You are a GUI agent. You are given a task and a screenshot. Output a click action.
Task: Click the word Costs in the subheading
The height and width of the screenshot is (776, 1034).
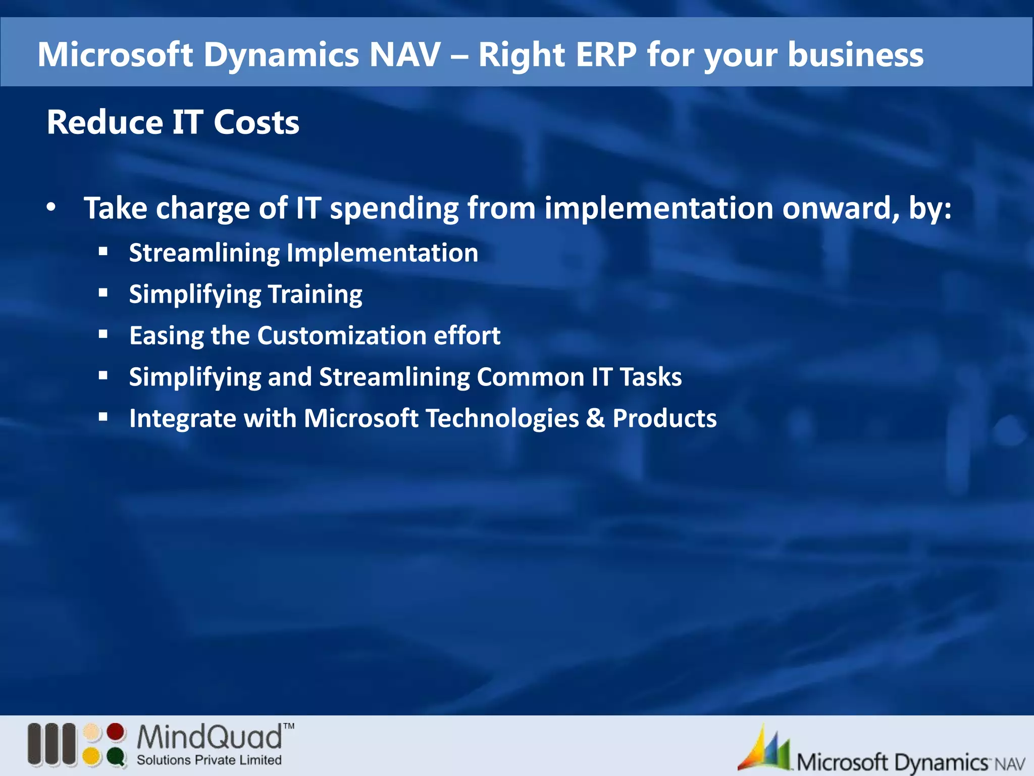point(256,123)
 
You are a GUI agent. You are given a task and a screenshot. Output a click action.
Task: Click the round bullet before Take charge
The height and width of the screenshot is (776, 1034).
point(51,207)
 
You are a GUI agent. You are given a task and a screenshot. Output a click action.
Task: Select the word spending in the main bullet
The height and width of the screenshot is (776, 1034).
point(394,209)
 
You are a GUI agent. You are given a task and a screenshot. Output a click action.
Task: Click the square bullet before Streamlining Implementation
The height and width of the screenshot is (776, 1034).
point(104,251)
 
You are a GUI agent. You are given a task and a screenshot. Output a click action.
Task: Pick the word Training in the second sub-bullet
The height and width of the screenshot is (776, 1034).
point(315,295)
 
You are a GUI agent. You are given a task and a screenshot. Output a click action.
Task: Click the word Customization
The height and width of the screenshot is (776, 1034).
point(342,336)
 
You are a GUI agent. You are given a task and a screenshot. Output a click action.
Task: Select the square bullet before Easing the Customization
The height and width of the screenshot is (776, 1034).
point(104,333)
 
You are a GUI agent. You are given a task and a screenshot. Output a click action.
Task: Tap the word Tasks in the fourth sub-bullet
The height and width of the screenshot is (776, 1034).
point(651,377)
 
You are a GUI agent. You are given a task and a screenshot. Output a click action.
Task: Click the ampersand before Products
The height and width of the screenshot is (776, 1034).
point(596,419)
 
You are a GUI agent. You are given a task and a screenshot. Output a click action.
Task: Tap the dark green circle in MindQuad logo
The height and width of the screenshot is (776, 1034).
point(116,756)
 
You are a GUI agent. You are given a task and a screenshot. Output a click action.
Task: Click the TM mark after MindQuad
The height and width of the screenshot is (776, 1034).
point(288,726)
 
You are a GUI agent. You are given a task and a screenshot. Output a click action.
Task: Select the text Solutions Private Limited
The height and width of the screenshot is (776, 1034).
point(209,760)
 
